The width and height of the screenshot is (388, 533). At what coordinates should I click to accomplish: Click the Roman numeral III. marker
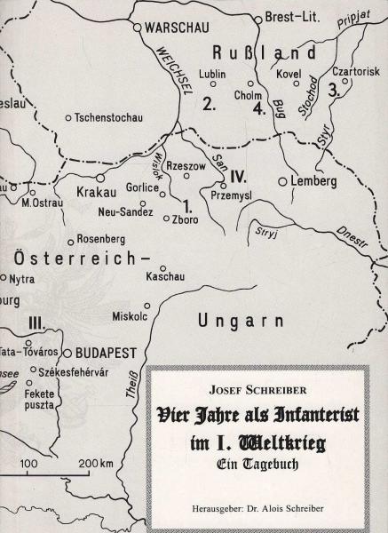pyautogui.click(x=39, y=322)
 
